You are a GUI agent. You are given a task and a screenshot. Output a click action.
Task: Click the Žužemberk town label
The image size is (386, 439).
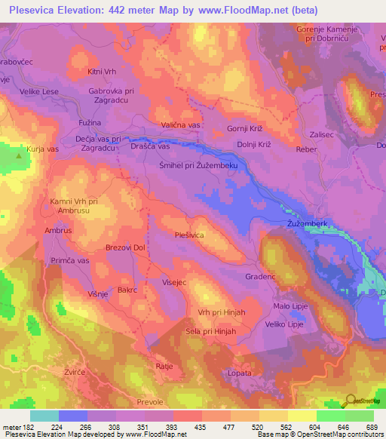(x=307, y=225)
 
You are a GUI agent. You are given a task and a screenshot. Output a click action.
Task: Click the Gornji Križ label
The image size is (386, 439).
(x=246, y=129)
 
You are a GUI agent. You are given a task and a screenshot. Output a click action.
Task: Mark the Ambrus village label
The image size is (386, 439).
(x=58, y=230)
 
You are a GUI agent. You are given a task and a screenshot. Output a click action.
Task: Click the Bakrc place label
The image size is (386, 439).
(x=127, y=289)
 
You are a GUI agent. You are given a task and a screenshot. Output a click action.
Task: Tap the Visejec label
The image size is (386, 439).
(x=173, y=283)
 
